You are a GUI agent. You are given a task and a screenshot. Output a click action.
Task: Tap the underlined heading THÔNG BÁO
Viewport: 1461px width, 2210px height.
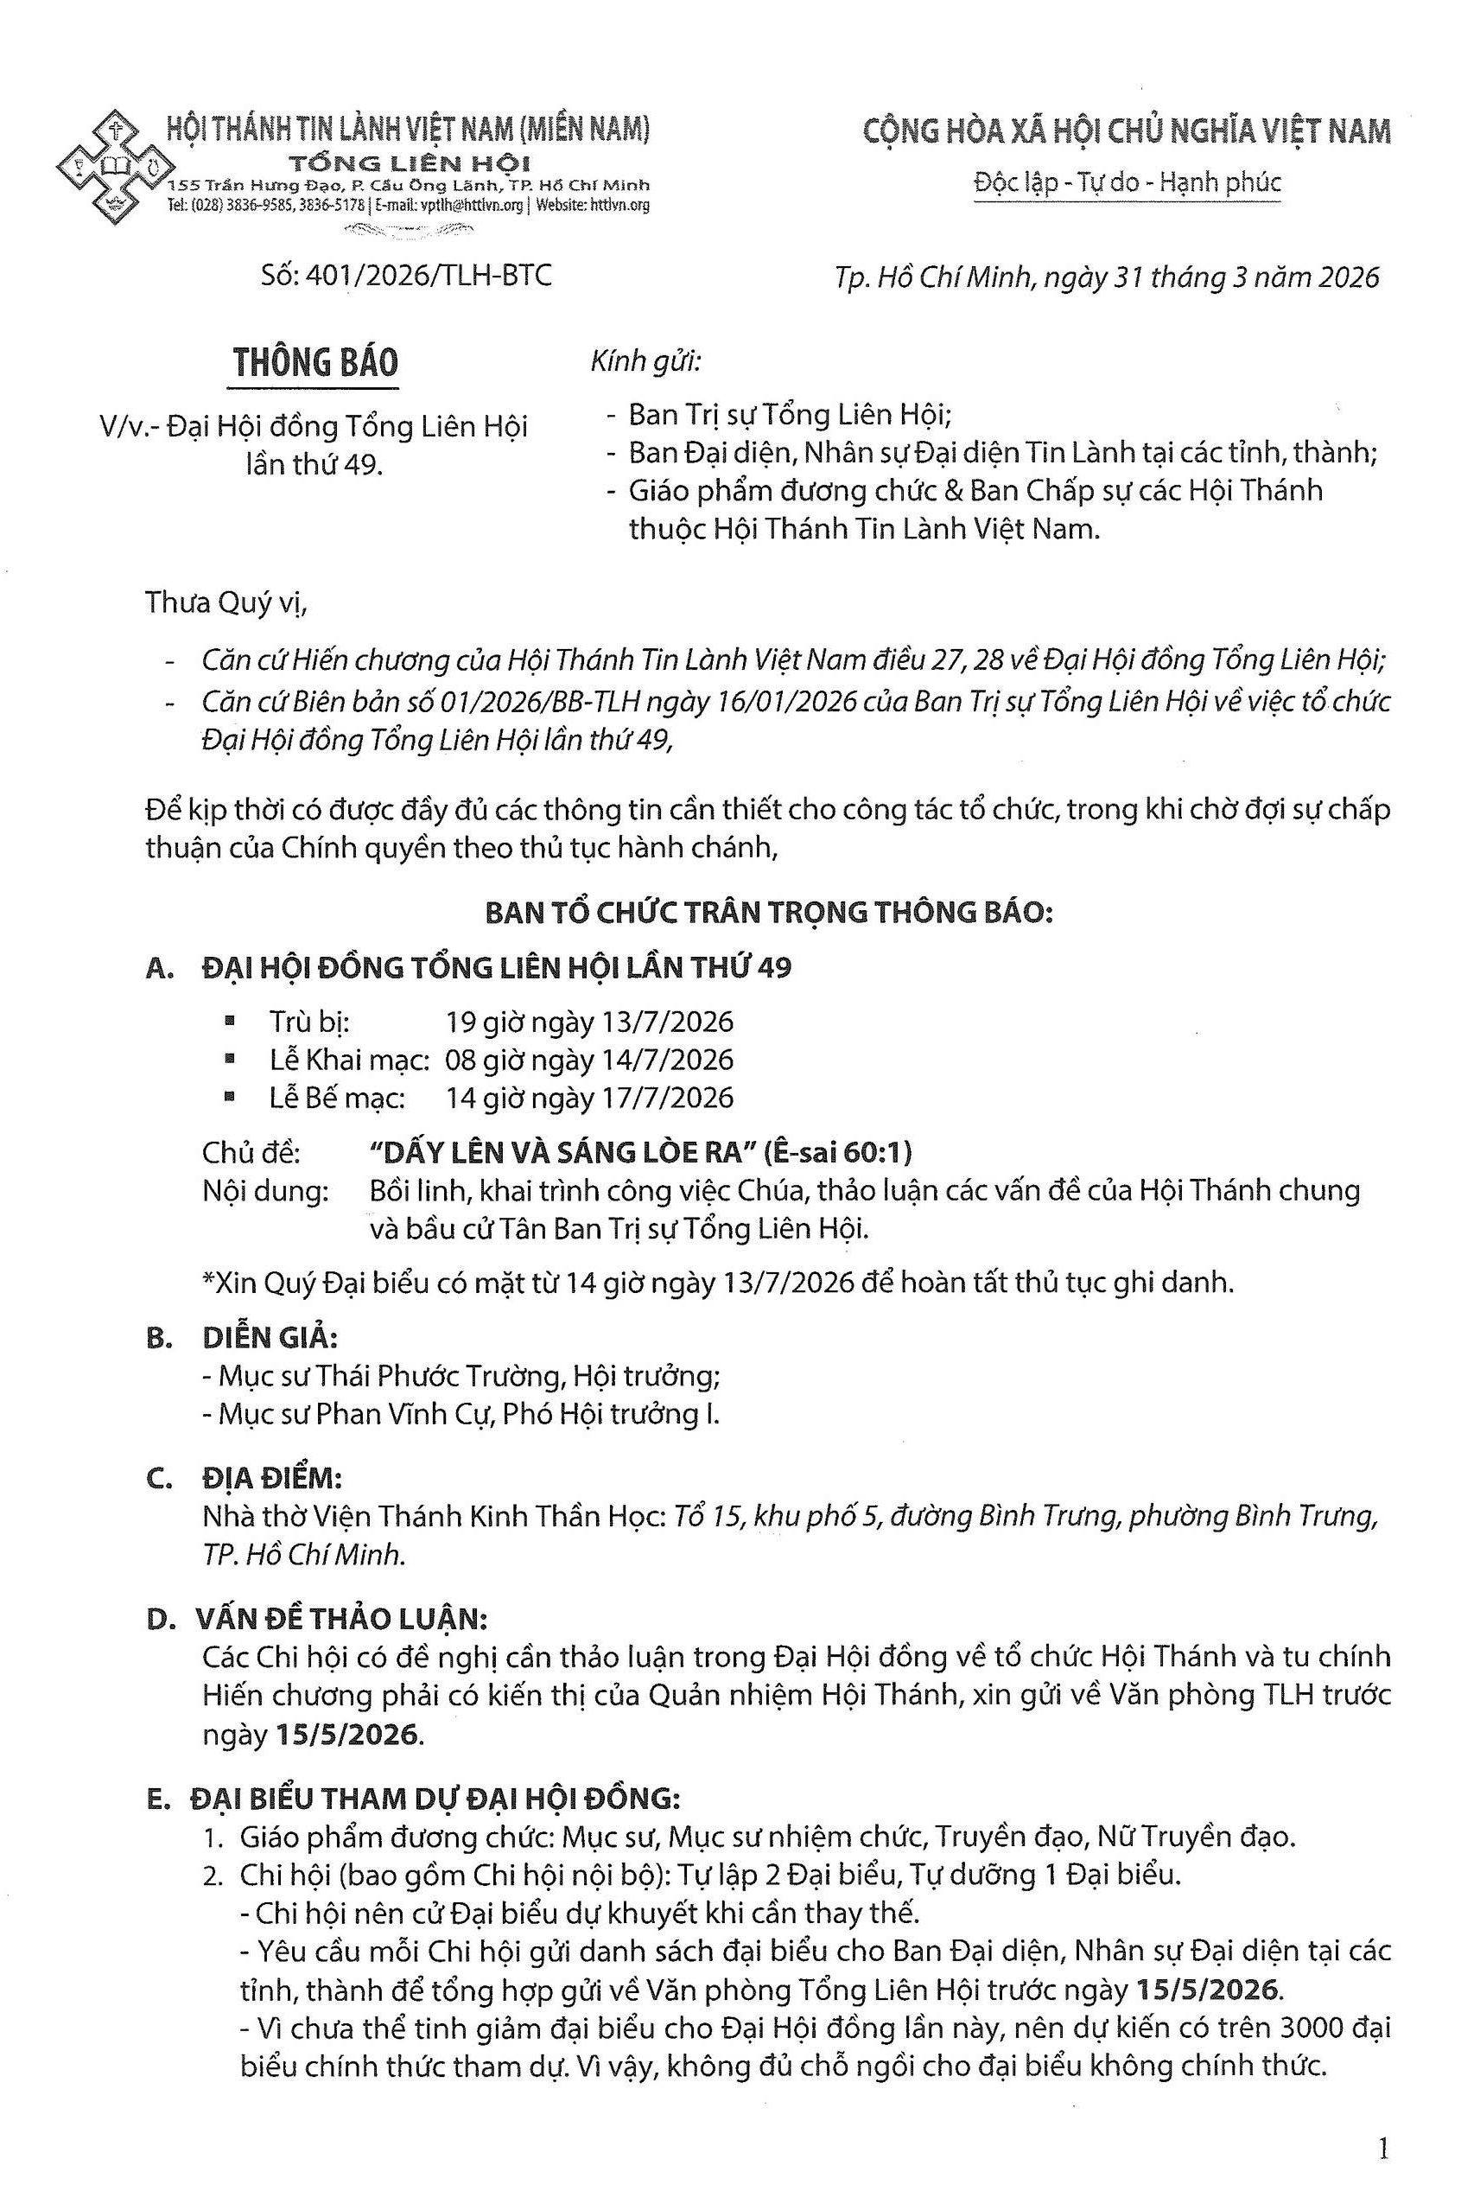[316, 363]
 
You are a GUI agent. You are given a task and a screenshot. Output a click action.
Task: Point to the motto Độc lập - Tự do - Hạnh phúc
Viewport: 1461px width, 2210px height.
[1127, 182]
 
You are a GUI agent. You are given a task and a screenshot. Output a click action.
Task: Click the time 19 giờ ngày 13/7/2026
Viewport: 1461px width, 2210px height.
[590, 1022]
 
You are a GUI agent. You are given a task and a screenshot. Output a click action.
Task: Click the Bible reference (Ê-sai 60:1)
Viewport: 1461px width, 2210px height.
[835, 1154]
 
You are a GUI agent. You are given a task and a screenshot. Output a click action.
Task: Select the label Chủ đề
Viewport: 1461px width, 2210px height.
[251, 1154]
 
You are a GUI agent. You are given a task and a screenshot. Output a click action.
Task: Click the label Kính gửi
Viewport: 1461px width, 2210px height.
[645, 360]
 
